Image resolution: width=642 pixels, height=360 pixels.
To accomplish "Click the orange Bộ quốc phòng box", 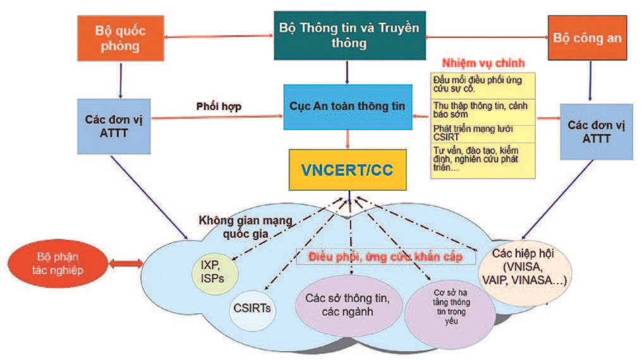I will (118, 39).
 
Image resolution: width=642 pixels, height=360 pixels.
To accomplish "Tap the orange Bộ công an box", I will (587, 38).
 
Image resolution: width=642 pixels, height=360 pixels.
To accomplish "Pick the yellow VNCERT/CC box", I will (346, 169).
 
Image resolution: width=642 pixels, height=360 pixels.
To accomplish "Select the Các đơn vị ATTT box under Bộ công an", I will (596, 131).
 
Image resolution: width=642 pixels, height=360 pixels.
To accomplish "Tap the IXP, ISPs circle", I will (210, 272).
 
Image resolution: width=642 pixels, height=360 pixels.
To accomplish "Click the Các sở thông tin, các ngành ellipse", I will (346, 305).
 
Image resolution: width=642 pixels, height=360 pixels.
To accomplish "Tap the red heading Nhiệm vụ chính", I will (482, 64).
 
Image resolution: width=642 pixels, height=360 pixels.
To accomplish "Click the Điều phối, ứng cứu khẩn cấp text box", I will (385, 258).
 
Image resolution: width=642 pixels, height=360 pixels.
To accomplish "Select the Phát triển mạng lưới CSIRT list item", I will (482, 133).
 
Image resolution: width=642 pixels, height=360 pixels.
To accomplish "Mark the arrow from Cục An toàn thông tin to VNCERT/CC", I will (346, 138).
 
